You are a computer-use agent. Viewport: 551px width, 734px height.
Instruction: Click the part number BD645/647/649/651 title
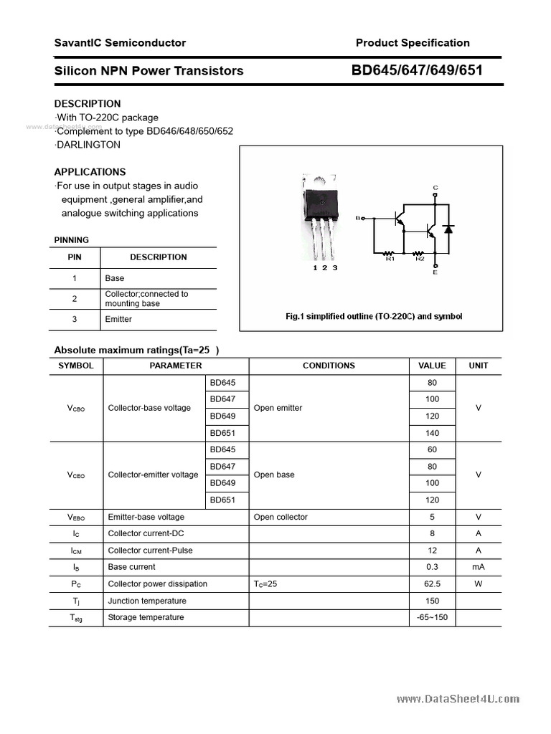(416, 70)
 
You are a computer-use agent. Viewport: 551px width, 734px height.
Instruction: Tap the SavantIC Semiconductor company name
(120, 43)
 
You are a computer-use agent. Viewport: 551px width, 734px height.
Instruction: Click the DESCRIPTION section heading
(88, 103)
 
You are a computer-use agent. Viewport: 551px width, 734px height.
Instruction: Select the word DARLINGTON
(88, 145)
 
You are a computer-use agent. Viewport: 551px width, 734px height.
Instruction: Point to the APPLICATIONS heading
(90, 172)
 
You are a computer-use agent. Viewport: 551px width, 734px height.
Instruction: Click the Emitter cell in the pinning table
(118, 319)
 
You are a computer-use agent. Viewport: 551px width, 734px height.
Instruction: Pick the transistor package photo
(321, 215)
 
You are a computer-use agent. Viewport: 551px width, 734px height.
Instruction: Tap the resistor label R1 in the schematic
(390, 259)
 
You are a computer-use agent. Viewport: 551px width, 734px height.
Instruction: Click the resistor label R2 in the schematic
(420, 259)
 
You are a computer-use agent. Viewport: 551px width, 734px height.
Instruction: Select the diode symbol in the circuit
(449, 229)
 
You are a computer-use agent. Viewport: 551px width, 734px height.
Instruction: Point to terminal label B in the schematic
(357, 217)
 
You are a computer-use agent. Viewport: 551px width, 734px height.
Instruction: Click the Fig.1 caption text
(373, 316)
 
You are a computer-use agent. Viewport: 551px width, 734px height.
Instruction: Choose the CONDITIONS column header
(329, 366)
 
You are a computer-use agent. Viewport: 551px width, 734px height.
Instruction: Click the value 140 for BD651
(432, 433)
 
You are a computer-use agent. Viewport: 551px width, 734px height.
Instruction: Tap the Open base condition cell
(274, 475)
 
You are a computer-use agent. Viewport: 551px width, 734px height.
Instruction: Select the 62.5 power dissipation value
(432, 583)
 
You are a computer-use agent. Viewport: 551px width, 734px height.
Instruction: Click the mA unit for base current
(478, 567)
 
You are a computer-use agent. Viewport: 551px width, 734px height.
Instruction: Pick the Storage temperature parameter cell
(146, 617)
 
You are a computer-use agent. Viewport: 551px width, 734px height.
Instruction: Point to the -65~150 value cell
(432, 617)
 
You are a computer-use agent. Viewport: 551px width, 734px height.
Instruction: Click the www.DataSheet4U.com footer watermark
(457, 700)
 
